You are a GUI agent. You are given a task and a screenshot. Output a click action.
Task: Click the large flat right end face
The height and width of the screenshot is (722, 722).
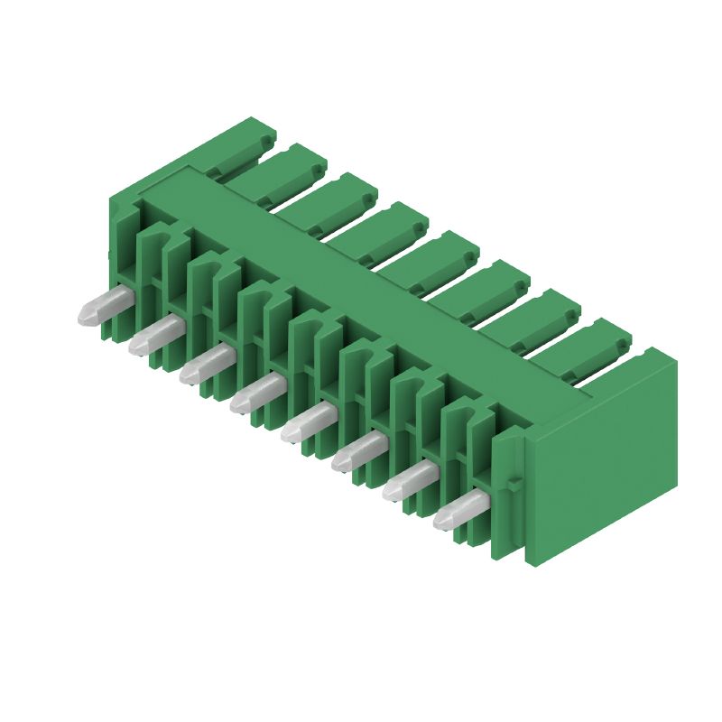tap(603, 458)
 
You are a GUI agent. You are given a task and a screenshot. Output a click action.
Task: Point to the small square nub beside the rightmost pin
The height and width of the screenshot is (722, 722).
tap(514, 485)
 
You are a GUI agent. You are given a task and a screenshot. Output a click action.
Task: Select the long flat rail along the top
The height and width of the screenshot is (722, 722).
tap(361, 271)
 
